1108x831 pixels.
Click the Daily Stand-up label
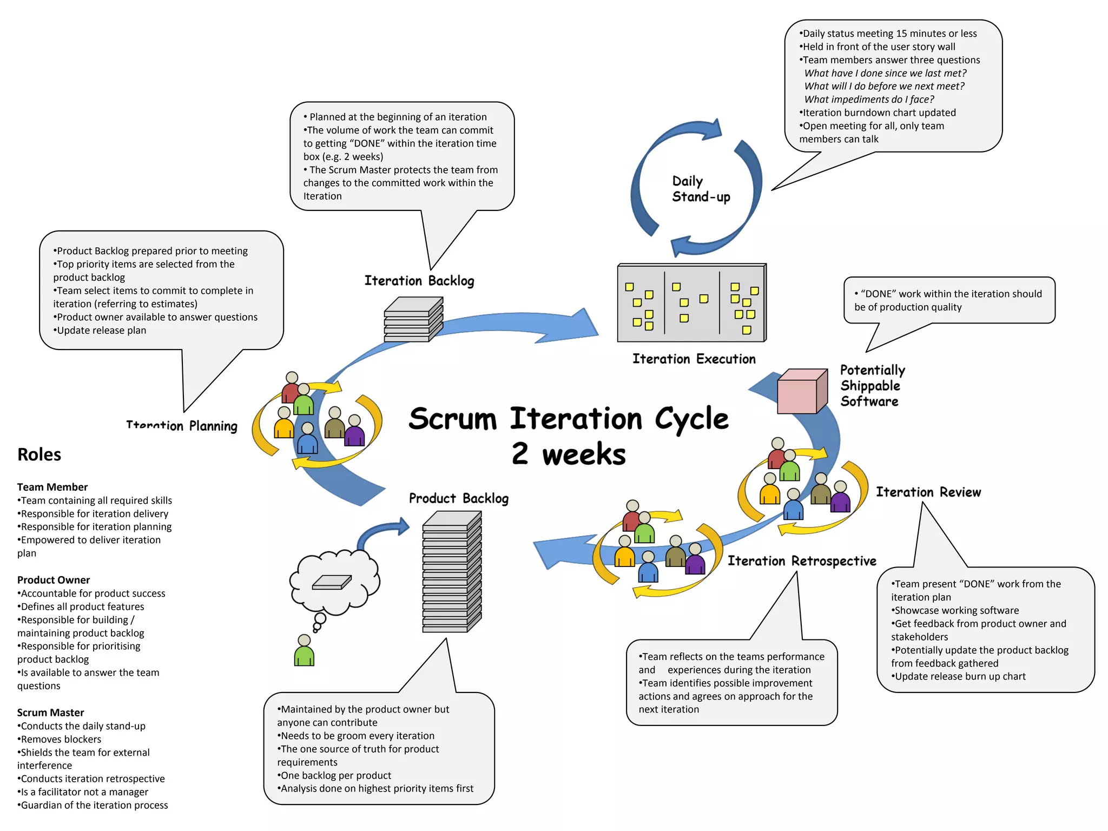700,189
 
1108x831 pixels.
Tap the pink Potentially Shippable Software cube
801,392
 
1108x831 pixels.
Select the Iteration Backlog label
419,281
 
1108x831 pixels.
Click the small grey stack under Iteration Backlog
413,320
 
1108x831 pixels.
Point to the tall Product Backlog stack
451,572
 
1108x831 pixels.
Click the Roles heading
39,454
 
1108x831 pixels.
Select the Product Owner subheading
54,580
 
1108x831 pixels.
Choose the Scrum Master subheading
50,713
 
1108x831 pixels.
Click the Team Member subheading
52,487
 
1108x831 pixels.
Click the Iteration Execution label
694,359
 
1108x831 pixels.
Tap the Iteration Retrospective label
801,561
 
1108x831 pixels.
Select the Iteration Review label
928,492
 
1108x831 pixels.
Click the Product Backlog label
458,498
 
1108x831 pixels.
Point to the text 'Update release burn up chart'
960,676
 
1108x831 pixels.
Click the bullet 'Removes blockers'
61,739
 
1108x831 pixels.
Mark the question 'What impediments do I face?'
869,100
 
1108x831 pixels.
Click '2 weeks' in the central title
568,453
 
